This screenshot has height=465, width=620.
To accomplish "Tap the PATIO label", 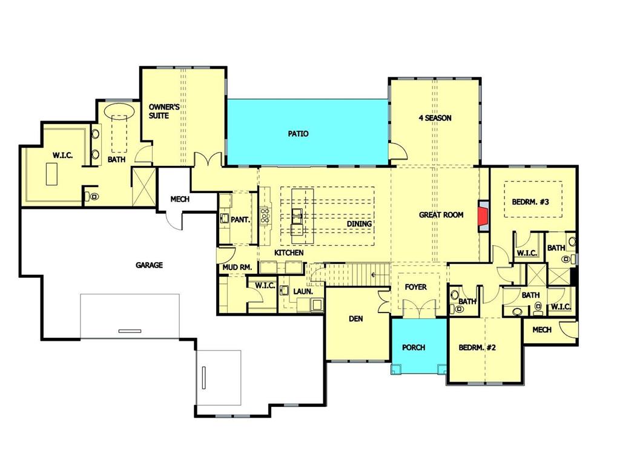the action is pos(298,134).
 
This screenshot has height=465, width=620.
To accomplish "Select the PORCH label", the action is pos(414,348).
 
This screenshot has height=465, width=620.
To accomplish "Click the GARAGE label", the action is pos(149,265).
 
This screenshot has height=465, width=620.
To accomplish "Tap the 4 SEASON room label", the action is pos(435,118).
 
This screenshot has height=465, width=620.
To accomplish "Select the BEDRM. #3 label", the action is pos(530,202).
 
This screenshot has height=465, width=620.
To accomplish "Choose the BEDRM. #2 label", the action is pos(477,348).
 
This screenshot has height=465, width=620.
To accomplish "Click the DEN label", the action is pos(356,318).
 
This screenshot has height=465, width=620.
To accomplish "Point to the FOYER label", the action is pos(415,287).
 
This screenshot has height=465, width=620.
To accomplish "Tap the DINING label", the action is pos(359,224).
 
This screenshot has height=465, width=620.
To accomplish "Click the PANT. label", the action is pos(240,219).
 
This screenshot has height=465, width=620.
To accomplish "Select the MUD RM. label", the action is pos(237,267).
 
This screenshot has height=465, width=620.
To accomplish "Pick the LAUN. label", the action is pos(303,292).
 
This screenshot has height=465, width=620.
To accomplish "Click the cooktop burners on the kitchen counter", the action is pos(265,216).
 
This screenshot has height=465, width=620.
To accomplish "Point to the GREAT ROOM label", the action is pos(441,215).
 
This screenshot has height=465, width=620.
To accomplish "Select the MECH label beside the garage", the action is pos(180,199).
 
